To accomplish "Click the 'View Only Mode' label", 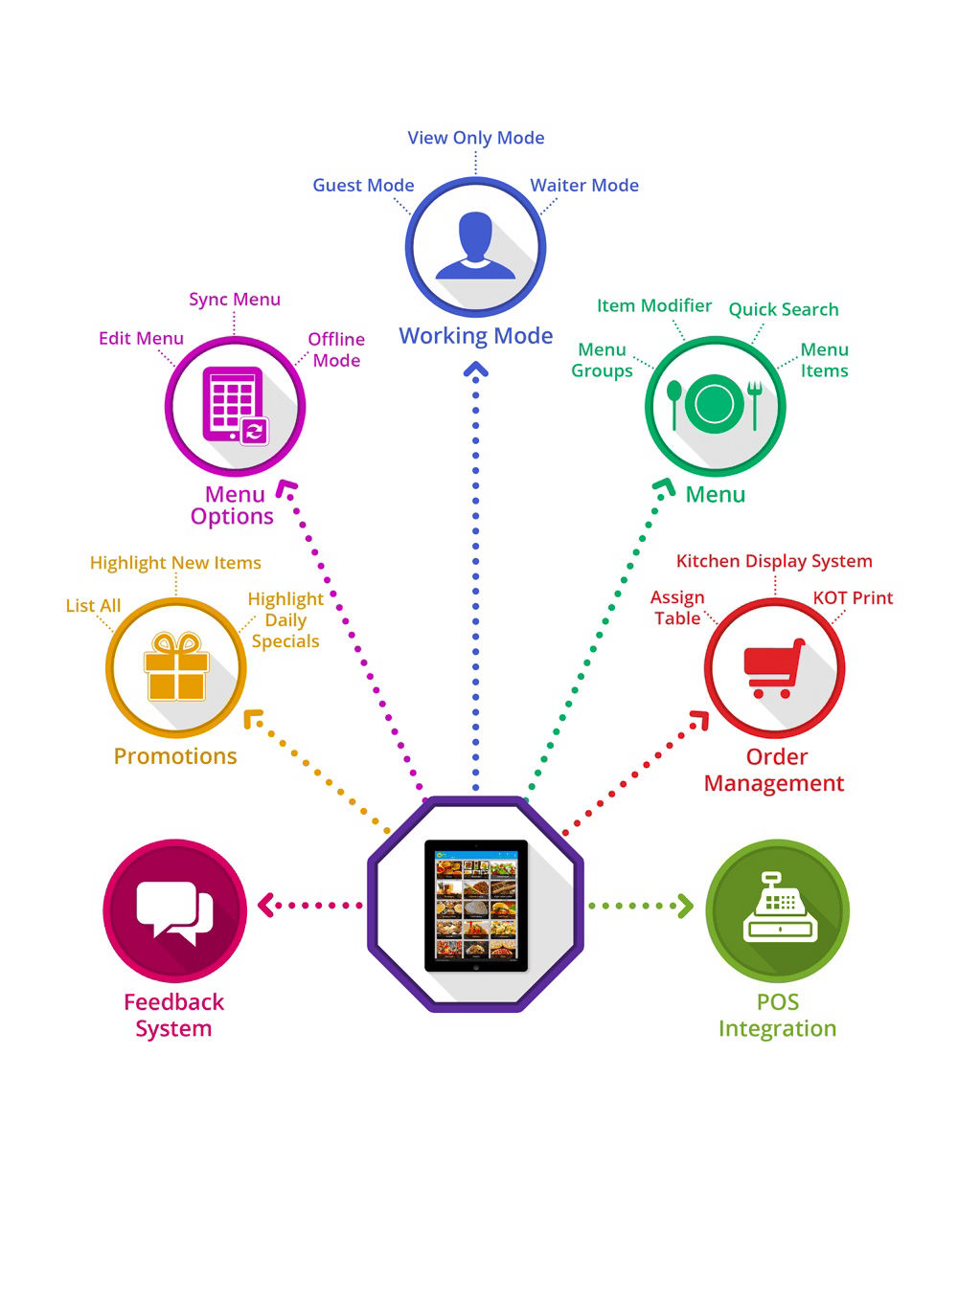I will (475, 138).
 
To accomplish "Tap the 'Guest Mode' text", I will (363, 186).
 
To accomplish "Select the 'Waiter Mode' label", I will (584, 186).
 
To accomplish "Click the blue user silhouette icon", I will (475, 247).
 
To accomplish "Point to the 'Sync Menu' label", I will (235, 300).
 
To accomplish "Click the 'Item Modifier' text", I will (653, 305).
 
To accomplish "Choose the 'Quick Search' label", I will (784, 309).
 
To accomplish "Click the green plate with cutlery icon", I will (715, 404).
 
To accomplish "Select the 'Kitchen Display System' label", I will (774, 561).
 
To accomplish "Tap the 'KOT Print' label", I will (853, 598).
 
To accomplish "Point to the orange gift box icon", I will (176, 667).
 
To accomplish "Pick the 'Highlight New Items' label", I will (175, 563).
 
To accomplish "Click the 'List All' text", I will (93, 606).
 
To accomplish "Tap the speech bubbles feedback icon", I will (174, 909).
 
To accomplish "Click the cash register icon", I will (778, 908).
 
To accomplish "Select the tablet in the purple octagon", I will (475, 905).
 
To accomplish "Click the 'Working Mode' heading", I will (476, 336).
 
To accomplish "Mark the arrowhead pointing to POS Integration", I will (685, 906).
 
